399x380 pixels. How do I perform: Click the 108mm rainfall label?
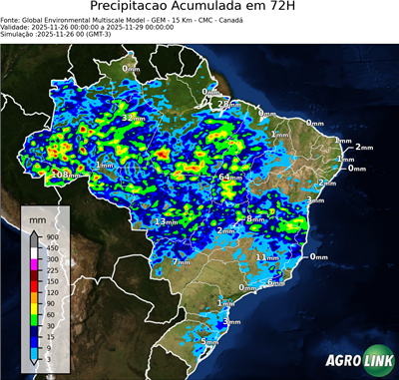(x=63, y=175)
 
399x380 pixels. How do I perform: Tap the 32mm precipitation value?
(x=127, y=118)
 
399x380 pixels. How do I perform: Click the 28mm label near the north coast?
(x=228, y=104)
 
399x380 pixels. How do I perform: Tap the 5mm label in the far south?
(x=208, y=341)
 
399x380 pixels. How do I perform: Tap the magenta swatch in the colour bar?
(x=33, y=258)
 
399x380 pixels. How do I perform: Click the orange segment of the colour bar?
(x=33, y=290)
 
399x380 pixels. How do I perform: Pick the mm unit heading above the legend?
(x=37, y=216)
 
